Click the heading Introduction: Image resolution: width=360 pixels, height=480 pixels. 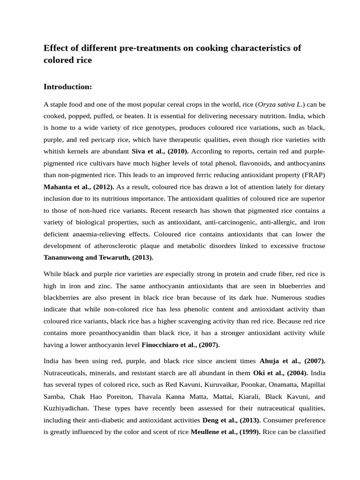tap(67, 87)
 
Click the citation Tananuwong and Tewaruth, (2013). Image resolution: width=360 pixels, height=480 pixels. tap(98, 257)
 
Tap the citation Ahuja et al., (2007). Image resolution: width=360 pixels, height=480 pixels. tap(292, 361)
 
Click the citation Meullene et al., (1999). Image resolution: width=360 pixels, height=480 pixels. tap(225, 432)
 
